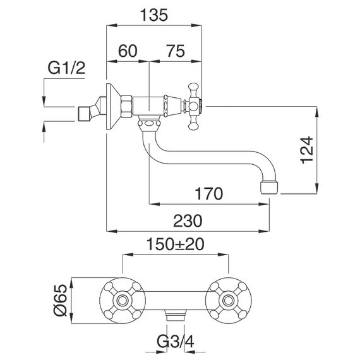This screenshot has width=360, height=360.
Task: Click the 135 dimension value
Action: pos(154,15)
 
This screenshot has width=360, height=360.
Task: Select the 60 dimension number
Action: pos(128,51)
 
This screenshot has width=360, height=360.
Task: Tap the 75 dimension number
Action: pos(176,51)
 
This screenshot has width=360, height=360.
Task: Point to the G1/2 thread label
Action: pos(66,68)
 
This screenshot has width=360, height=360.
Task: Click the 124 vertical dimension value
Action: pos(307,150)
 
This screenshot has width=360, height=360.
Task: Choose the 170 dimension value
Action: pos(208,193)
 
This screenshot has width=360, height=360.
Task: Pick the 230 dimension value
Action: pos(188,221)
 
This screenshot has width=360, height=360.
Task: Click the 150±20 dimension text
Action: pos(175,244)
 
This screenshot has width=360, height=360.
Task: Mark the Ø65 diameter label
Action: pos(60,300)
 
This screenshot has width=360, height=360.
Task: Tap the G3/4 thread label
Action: pos(176,342)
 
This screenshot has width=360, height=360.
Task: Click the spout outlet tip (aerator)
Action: pos(270,188)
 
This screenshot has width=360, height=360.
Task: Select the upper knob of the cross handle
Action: pos(193,87)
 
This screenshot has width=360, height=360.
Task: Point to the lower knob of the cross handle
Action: pos(193,126)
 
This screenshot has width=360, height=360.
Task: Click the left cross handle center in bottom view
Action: pos(122,301)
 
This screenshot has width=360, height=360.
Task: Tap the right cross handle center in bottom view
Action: pos(229,301)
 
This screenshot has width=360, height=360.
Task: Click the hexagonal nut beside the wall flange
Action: pos(127,107)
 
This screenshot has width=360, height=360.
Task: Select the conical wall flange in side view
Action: pos(114,107)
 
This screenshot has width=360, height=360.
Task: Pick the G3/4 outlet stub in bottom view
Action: pos(176,315)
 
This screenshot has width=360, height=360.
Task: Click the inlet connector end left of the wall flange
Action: pos(85,113)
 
